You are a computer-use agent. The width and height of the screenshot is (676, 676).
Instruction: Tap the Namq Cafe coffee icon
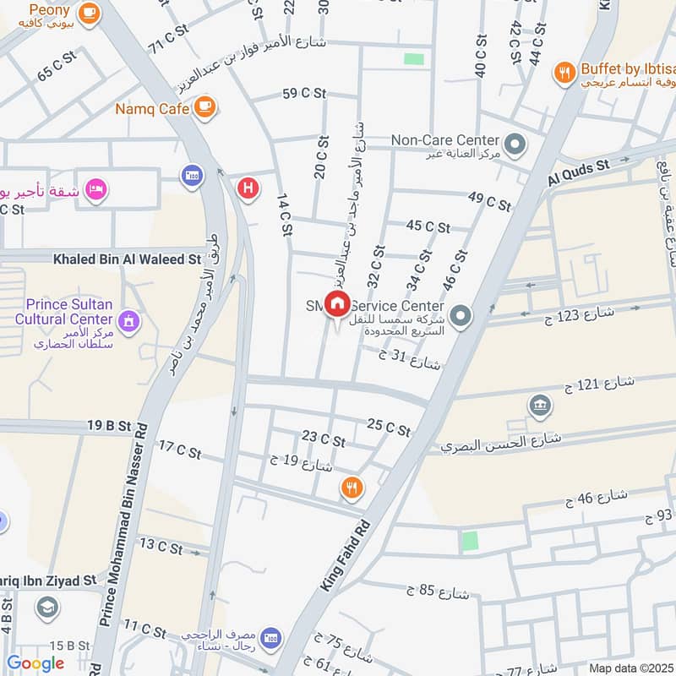pos(204,106)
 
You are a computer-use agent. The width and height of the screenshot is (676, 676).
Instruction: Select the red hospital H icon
pos(248,187)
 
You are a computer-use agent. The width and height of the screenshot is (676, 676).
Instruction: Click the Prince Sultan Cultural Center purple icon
pos(128,320)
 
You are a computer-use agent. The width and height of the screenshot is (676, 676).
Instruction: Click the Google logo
pos(35,663)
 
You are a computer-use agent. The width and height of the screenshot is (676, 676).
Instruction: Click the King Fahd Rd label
pos(346,554)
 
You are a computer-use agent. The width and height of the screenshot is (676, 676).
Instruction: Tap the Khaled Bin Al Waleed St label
pos(127,259)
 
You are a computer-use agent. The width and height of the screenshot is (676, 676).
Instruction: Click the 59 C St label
pos(303,94)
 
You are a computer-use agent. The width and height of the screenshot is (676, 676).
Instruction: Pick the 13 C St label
pos(161,546)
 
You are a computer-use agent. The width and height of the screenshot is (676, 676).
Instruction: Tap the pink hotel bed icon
pos(97,189)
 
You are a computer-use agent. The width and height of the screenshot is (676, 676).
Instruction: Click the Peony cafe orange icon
pos(88,14)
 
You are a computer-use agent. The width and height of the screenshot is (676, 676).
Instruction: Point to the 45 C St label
pos(428,226)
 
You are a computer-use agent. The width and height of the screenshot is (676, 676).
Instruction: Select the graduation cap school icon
pos(46,607)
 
